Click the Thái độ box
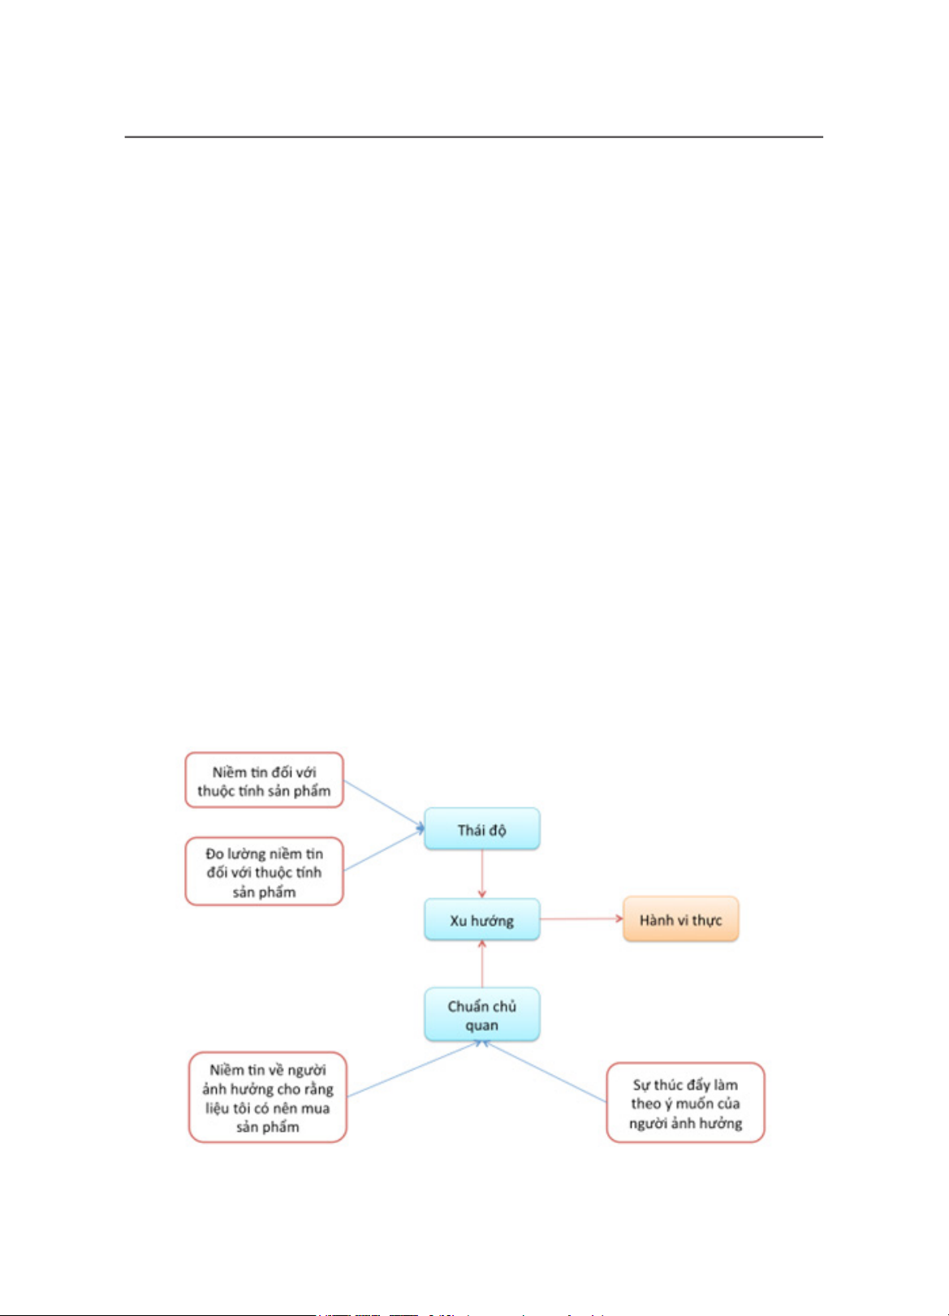click(x=482, y=829)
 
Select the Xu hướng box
click(x=482, y=919)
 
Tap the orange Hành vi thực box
click(x=681, y=919)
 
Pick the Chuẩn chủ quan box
click(x=482, y=1015)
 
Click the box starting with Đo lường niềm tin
click(x=264, y=871)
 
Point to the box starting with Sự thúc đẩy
click(x=686, y=1102)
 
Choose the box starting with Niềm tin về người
click(x=268, y=1097)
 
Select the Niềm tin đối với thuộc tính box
click(x=264, y=780)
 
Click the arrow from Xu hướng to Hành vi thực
click(x=581, y=919)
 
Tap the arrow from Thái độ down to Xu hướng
click(x=482, y=874)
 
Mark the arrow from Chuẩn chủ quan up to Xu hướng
click(x=482, y=964)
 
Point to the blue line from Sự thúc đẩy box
click(x=545, y=1072)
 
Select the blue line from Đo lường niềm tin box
click(x=384, y=849)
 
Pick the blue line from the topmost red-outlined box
click(x=384, y=805)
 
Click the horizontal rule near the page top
click(x=473, y=137)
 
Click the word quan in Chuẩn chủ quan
click(x=482, y=1026)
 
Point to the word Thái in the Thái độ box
click(x=470, y=829)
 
